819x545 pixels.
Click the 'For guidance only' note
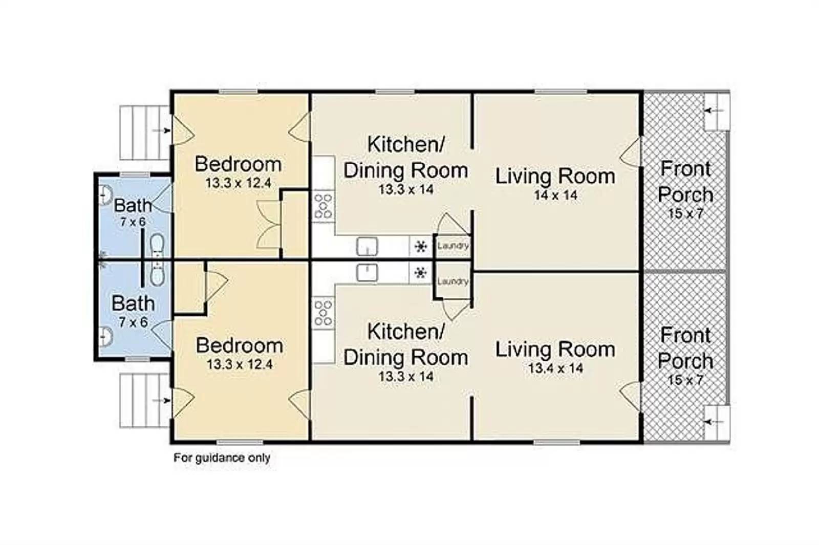222,458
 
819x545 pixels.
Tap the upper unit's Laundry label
452,245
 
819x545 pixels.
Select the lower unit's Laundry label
452,281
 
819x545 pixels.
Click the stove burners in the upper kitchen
323,207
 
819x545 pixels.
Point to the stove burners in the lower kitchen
323,313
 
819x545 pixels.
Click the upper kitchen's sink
367,247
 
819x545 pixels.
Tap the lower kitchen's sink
367,273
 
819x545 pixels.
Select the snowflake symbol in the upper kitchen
421,247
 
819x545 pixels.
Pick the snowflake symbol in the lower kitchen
421,273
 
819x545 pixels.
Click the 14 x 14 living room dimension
556,195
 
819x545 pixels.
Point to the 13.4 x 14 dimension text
556,368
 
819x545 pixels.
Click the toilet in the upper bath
157,245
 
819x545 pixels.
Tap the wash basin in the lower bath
105,336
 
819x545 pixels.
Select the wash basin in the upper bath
105,194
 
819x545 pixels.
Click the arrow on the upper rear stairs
161,130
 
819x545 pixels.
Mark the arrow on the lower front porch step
714,422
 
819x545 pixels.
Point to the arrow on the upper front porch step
714,111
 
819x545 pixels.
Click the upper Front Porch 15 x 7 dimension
686,213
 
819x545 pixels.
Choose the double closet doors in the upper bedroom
268,225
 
